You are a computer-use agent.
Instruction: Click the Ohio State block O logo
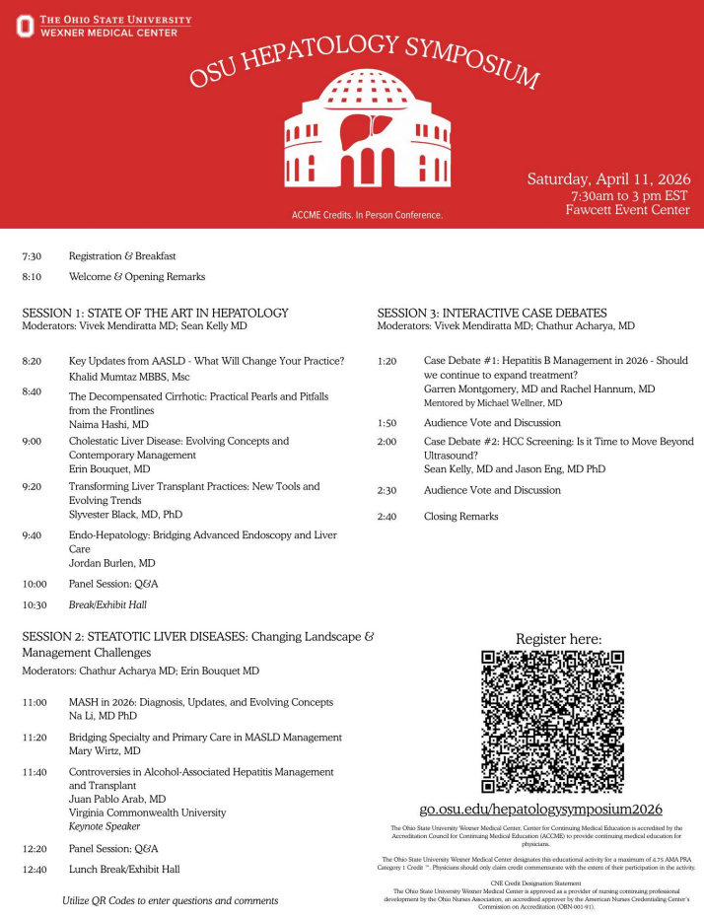26,26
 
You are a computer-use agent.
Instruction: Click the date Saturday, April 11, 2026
608,179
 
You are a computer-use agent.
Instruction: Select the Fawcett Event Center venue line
627,210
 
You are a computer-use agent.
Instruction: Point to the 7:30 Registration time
33,255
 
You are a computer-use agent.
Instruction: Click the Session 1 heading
155,313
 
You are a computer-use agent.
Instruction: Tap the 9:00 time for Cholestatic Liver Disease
33,441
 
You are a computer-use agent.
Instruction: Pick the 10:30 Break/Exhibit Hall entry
107,604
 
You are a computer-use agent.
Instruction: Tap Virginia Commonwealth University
147,813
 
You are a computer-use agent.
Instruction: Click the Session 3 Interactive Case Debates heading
492,313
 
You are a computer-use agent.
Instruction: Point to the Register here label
558,639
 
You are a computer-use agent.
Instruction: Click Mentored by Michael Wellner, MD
493,403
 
